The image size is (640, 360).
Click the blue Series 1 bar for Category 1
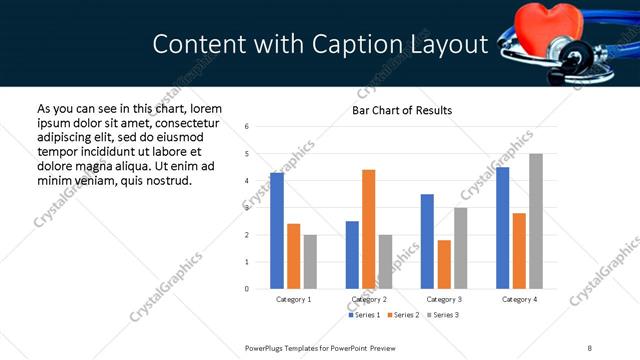tap(277, 230)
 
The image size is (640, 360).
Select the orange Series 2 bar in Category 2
tap(369, 229)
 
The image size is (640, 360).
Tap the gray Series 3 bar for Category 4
tap(536, 221)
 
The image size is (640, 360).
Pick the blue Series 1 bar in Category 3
tap(427, 241)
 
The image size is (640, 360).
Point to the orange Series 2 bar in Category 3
tap(444, 264)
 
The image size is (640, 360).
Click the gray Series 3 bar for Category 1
tap(310, 261)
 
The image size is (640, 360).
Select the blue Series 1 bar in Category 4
tap(503, 227)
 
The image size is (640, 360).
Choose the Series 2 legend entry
tap(402, 315)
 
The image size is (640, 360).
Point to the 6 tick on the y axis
tap(247, 126)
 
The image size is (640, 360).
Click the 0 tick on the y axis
tap(247, 289)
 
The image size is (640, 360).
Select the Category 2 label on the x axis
tap(369, 299)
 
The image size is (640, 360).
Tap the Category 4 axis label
tap(519, 299)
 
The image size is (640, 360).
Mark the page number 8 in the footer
tap(590, 348)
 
